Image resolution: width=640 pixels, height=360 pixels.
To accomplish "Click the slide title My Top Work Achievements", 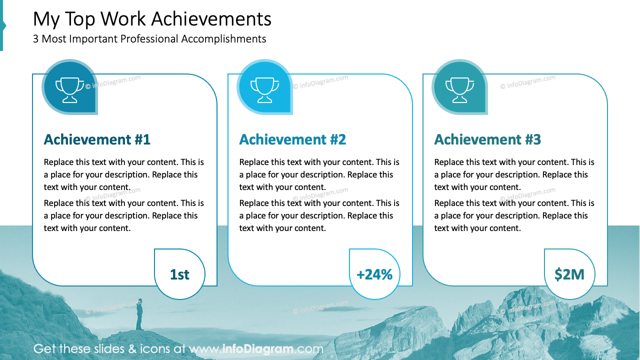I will click(152, 19).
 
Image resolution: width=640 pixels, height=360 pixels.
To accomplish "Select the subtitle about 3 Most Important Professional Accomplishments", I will click(149, 39).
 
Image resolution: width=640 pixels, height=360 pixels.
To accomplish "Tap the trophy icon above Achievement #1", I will click(69, 87).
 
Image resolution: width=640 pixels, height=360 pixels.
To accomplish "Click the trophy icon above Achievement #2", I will click(264, 87).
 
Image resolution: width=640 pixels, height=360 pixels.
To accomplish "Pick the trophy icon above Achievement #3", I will click(459, 87).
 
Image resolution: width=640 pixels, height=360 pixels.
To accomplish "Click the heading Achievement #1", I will click(97, 139).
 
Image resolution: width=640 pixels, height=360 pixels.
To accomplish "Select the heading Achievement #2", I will click(292, 139).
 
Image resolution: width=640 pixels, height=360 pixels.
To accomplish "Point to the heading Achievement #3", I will click(487, 139).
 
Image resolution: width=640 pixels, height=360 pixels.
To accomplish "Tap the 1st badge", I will click(179, 274).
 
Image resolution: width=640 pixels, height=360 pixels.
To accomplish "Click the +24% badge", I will click(374, 274).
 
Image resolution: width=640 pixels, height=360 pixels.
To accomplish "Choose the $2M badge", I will click(569, 274).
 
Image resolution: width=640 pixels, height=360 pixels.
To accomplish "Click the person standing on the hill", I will click(139, 314).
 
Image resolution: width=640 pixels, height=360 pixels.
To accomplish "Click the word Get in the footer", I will click(44, 349).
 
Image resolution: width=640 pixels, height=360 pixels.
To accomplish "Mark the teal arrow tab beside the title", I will click(2, 25).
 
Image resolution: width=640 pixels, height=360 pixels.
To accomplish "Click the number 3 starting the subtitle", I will click(36, 39).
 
